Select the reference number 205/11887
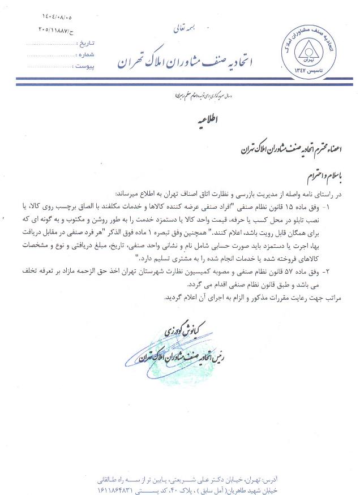[58, 29]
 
